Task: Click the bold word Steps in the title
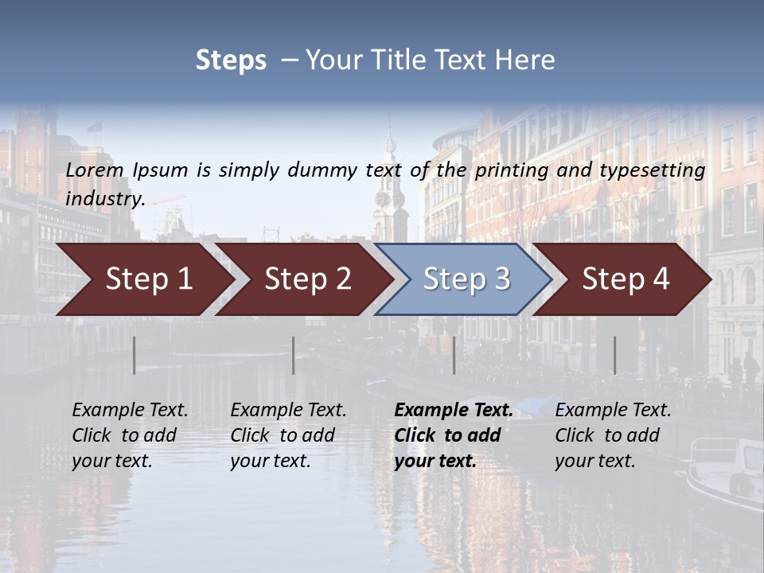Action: pos(231,60)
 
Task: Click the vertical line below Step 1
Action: pos(134,355)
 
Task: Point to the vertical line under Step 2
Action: pos(294,355)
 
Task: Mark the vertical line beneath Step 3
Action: pos(454,355)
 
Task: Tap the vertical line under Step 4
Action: pos(614,355)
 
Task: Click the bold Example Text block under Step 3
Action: pos(453,435)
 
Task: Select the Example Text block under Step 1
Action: pos(130,435)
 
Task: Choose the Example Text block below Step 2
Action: pos(288,435)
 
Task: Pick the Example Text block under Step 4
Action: pos(613,435)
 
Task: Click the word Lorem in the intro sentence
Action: pos(95,170)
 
